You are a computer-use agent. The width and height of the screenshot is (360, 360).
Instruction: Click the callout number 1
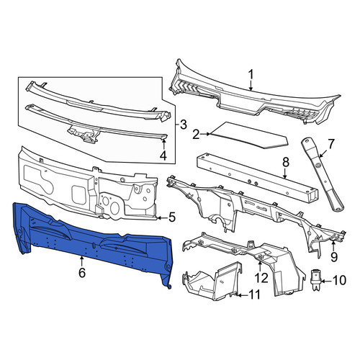[251, 75]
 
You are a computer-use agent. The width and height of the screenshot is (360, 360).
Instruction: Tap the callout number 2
[196, 135]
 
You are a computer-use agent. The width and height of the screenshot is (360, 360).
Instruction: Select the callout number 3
[183, 125]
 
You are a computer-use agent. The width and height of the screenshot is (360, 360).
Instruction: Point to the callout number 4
[163, 156]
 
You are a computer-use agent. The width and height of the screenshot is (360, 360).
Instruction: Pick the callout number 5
[172, 217]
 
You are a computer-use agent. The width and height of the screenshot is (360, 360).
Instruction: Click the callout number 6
[82, 273]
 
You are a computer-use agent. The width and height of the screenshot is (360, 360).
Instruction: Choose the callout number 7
[330, 144]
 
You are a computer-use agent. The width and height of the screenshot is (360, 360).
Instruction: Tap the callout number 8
[286, 163]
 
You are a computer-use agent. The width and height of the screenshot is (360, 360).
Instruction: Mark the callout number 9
[334, 257]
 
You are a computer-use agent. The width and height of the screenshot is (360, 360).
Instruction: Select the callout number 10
[338, 280]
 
